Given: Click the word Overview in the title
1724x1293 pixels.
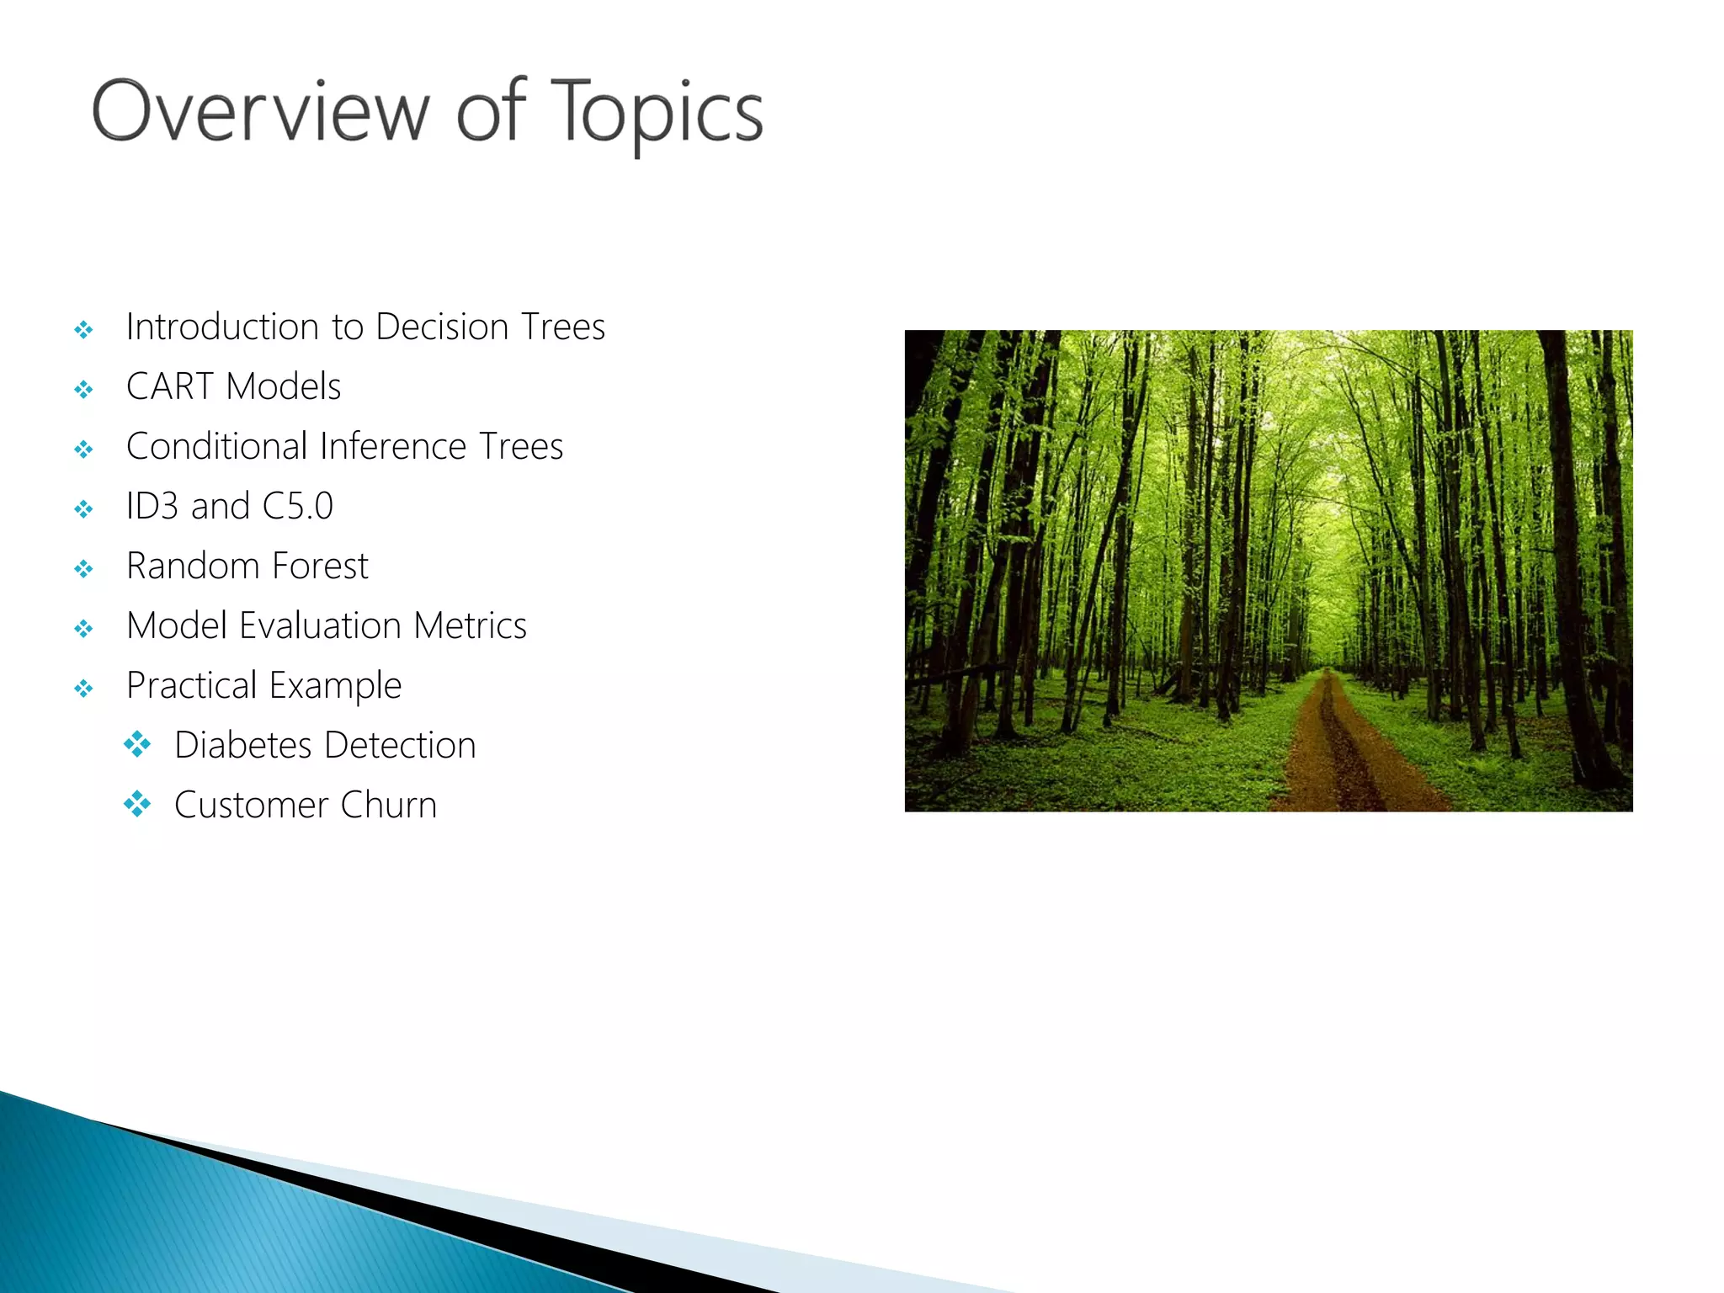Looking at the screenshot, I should click(260, 112).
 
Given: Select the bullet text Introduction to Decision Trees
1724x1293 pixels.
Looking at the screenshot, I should click(365, 327).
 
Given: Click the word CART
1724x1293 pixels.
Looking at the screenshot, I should click(169, 386).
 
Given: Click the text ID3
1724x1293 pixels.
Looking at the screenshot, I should click(152, 506).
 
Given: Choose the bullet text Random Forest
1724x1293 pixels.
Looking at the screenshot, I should click(247, 566).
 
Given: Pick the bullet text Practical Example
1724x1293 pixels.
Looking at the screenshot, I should click(263, 686).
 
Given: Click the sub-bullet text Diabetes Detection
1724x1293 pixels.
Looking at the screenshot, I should click(325, 745).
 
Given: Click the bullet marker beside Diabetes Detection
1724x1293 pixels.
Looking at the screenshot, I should click(137, 744).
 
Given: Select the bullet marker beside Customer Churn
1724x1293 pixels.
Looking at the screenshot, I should click(137, 804).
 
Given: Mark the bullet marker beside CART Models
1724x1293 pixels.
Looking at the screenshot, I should click(83, 389).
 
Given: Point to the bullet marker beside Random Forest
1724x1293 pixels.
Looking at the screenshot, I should click(83, 569).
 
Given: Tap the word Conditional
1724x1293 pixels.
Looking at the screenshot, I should click(215, 446).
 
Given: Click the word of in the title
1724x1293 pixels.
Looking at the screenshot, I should click(492, 112).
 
